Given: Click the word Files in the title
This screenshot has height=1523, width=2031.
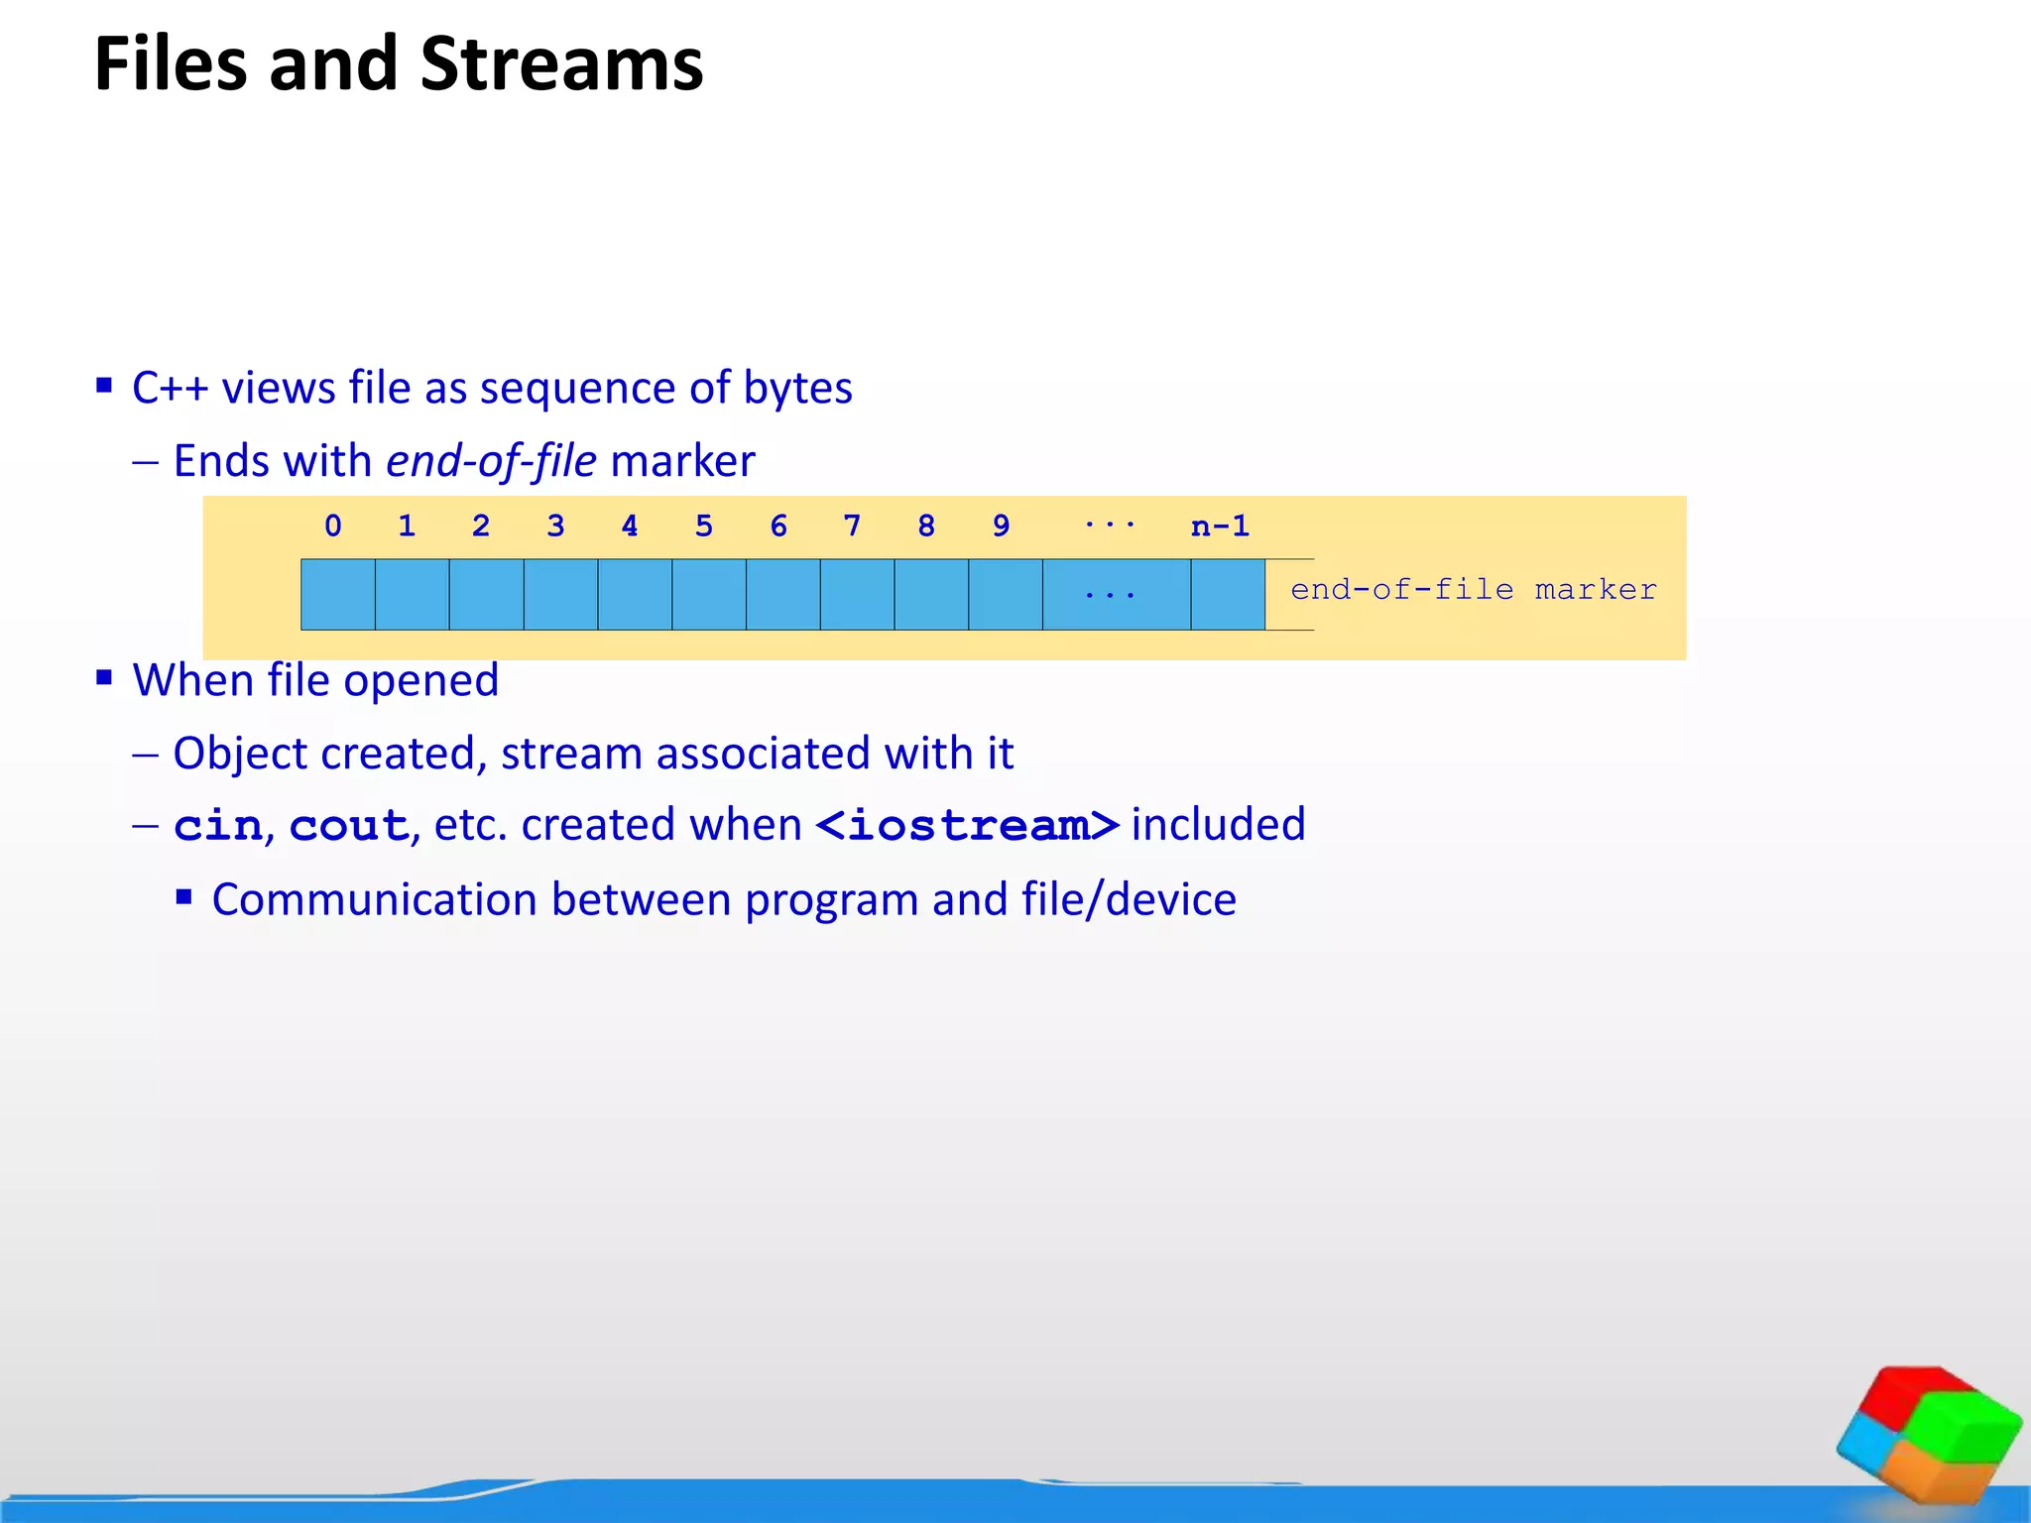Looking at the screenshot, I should [170, 64].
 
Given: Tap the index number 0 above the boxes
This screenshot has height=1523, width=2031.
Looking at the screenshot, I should [333, 526].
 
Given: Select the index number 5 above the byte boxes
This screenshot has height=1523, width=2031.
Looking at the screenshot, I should [704, 526].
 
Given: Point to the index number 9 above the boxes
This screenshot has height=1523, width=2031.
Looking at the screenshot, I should [1002, 526].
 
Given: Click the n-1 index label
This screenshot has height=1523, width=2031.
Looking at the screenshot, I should [1220, 526].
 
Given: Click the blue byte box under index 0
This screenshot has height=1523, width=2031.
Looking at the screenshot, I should [338, 594].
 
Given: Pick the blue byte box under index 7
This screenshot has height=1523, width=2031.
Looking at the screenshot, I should [857, 594].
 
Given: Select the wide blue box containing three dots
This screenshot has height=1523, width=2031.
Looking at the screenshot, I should [1116, 594].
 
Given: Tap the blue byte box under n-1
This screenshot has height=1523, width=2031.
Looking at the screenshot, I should [1228, 594].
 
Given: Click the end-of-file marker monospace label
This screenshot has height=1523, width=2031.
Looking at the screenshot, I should [1473, 590].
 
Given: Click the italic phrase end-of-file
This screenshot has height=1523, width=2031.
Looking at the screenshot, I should [491, 462].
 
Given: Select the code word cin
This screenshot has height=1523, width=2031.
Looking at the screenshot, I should [218, 826].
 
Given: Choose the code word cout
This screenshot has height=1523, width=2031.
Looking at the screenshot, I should [349, 826].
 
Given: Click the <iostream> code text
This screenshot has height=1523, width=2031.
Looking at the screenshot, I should [967, 826].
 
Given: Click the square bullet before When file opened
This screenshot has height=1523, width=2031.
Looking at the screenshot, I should [105, 678].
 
